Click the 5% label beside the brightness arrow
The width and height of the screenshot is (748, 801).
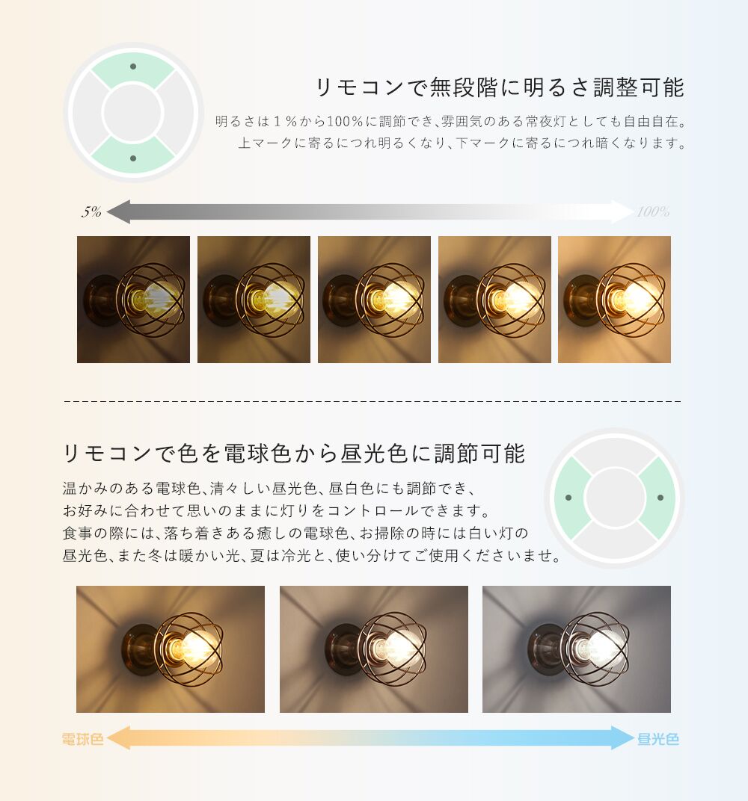coord(91,212)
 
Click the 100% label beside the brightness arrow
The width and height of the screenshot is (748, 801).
coord(652,212)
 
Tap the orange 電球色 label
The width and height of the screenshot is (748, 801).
coord(82,740)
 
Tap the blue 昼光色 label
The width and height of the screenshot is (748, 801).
coord(658,740)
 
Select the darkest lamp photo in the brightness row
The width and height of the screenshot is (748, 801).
coord(133,300)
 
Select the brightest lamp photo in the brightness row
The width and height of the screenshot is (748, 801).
coord(614,300)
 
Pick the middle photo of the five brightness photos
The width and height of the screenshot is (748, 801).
coord(374,300)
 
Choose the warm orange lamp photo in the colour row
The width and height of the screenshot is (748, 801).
coord(171,649)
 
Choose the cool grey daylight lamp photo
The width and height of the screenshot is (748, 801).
coord(577,649)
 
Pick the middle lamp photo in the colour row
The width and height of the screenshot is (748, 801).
coord(374,649)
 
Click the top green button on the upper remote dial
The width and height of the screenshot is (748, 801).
coord(133,68)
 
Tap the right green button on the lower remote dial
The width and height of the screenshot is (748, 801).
coord(658,498)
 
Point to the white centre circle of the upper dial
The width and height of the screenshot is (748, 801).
coord(133,113)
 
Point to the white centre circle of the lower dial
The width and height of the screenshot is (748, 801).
coord(614,498)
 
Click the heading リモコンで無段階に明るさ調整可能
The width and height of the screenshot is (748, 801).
coord(500,87)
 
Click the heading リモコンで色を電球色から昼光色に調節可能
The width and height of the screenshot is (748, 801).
coord(295,453)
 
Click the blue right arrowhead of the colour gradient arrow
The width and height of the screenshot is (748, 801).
coord(624,738)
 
